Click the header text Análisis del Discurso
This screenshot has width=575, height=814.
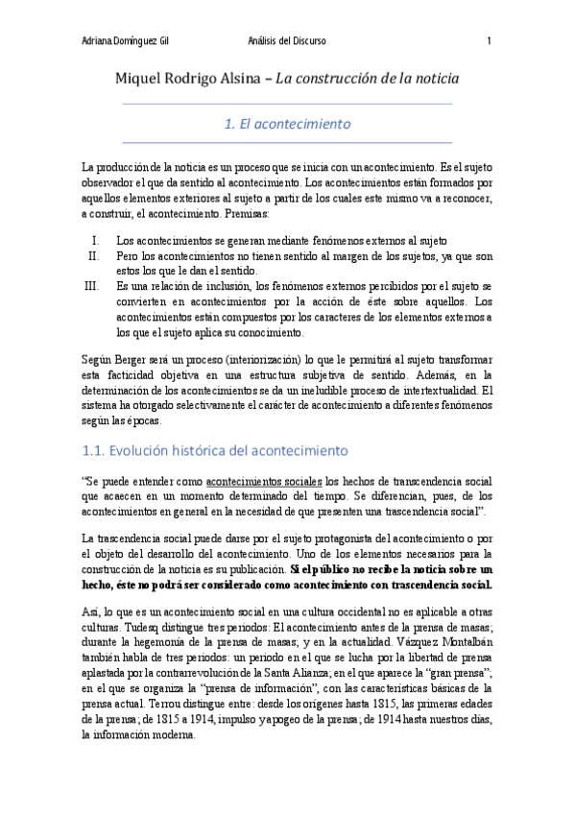tap(287, 40)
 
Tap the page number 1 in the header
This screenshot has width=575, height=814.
tap(490, 40)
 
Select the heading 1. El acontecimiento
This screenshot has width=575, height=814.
tap(287, 124)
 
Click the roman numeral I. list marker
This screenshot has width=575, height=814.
tap(95, 239)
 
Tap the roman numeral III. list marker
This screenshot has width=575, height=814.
tap(91, 286)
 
